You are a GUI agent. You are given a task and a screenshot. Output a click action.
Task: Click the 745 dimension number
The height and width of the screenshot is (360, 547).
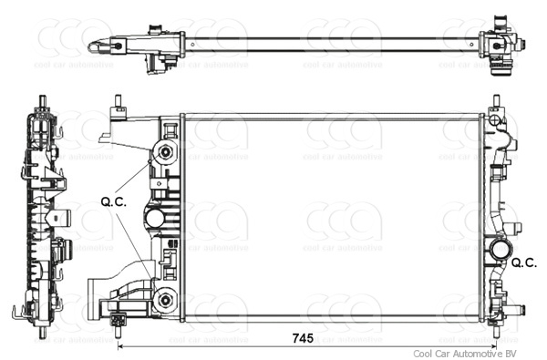[x=303, y=338]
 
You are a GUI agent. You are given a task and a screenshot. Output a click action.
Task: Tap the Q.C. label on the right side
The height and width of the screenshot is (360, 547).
[x=524, y=262]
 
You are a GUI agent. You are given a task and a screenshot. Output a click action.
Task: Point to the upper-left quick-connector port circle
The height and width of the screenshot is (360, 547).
[x=165, y=151]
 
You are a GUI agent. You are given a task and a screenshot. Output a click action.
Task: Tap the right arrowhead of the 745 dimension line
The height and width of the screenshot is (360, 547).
[x=492, y=346]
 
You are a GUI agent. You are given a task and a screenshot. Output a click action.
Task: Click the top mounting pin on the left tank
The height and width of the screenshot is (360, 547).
[x=119, y=101]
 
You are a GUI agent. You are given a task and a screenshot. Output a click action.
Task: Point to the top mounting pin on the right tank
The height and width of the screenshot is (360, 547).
[x=496, y=101]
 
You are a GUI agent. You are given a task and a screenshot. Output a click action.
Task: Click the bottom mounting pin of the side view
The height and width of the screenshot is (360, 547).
[x=43, y=333]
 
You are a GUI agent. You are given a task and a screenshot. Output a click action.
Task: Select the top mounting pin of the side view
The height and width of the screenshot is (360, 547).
[x=43, y=100]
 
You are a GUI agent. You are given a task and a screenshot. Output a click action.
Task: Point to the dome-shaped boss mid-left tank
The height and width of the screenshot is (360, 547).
[x=154, y=219]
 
